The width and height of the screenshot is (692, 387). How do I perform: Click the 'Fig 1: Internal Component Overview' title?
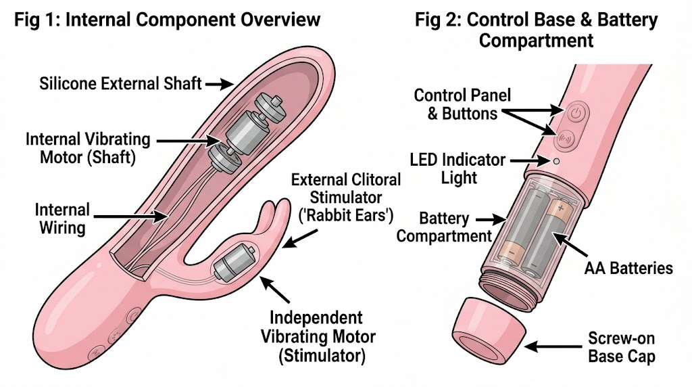tap(168, 20)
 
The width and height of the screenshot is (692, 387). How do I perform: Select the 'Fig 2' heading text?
tap(536, 30)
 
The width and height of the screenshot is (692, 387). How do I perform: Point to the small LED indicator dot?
tap(557, 161)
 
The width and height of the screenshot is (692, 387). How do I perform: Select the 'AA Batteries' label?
tap(628, 268)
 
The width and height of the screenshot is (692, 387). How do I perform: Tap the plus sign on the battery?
tap(561, 207)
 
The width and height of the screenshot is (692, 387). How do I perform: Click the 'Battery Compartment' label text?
tap(444, 227)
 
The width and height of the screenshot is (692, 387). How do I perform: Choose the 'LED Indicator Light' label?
tap(458, 168)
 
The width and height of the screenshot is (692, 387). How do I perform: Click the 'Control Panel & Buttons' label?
tap(462, 104)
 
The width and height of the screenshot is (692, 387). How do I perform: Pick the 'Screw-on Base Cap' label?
tap(622, 347)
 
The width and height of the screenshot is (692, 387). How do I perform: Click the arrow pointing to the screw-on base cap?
tap(553, 347)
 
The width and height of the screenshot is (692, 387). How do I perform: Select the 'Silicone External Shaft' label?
tap(120, 83)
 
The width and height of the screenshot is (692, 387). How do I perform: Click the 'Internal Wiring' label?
tap(62, 219)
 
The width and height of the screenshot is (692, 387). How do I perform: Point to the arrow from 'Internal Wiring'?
tap(130, 217)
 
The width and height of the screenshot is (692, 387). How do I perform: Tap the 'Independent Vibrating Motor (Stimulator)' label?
tap(318, 337)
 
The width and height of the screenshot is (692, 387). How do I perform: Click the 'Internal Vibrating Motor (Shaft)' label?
tap(88, 148)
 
